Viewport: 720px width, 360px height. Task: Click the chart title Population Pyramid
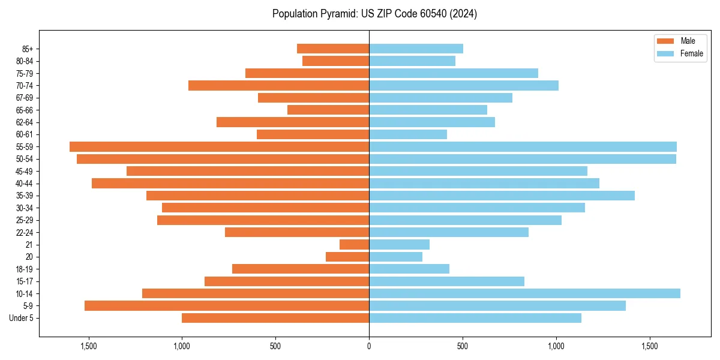click(x=374, y=14)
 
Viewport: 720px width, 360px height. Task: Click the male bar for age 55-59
click(x=219, y=146)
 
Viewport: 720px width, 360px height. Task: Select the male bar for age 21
click(x=354, y=244)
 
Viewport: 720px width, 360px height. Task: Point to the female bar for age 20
click(x=395, y=257)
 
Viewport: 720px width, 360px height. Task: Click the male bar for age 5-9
click(x=227, y=305)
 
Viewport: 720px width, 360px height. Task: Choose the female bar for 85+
click(x=416, y=49)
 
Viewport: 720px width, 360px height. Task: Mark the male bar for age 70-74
click(x=278, y=85)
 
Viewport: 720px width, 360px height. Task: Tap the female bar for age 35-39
click(x=502, y=196)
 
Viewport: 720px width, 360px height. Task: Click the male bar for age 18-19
click(x=301, y=269)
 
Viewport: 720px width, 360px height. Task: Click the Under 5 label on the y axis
click(x=22, y=318)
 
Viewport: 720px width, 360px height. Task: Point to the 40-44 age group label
click(x=25, y=184)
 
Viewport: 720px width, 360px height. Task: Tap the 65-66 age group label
click(x=25, y=110)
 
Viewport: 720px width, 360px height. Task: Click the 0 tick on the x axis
click(x=369, y=346)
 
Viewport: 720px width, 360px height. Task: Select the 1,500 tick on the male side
click(x=88, y=346)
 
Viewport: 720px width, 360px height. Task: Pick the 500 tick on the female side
click(x=463, y=346)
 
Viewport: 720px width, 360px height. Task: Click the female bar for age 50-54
click(x=523, y=159)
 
